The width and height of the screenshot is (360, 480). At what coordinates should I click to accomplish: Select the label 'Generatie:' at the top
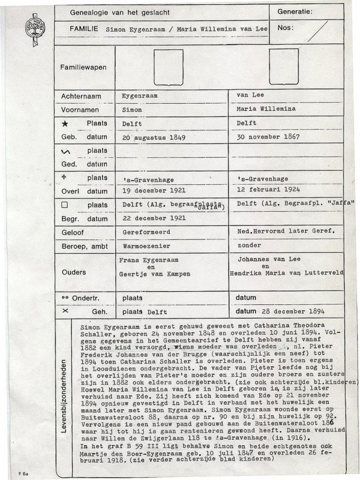[295, 11]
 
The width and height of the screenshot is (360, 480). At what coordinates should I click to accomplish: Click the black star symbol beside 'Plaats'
[64, 124]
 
